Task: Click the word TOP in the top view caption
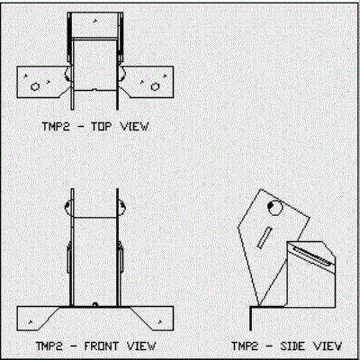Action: [101, 126]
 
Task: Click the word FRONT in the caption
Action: [101, 346]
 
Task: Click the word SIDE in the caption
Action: [292, 346]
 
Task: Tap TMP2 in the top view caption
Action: [56, 126]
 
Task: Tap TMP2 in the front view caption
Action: [49, 346]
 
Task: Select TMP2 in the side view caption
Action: [245, 346]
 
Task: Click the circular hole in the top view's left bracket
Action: [35, 86]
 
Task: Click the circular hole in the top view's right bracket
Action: [155, 86]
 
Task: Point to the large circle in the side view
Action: [274, 208]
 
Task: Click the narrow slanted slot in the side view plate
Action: [265, 238]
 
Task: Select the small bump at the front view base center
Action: [95, 304]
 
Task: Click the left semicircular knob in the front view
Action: [68, 207]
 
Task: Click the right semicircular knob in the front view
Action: [121, 207]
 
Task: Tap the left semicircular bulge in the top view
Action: [67, 74]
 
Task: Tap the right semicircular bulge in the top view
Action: [122, 74]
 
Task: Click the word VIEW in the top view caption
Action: [134, 126]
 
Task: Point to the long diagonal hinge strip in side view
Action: [312, 255]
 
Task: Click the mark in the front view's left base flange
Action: [31, 322]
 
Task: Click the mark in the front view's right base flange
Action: [160, 322]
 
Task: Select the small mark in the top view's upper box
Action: [95, 21]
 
